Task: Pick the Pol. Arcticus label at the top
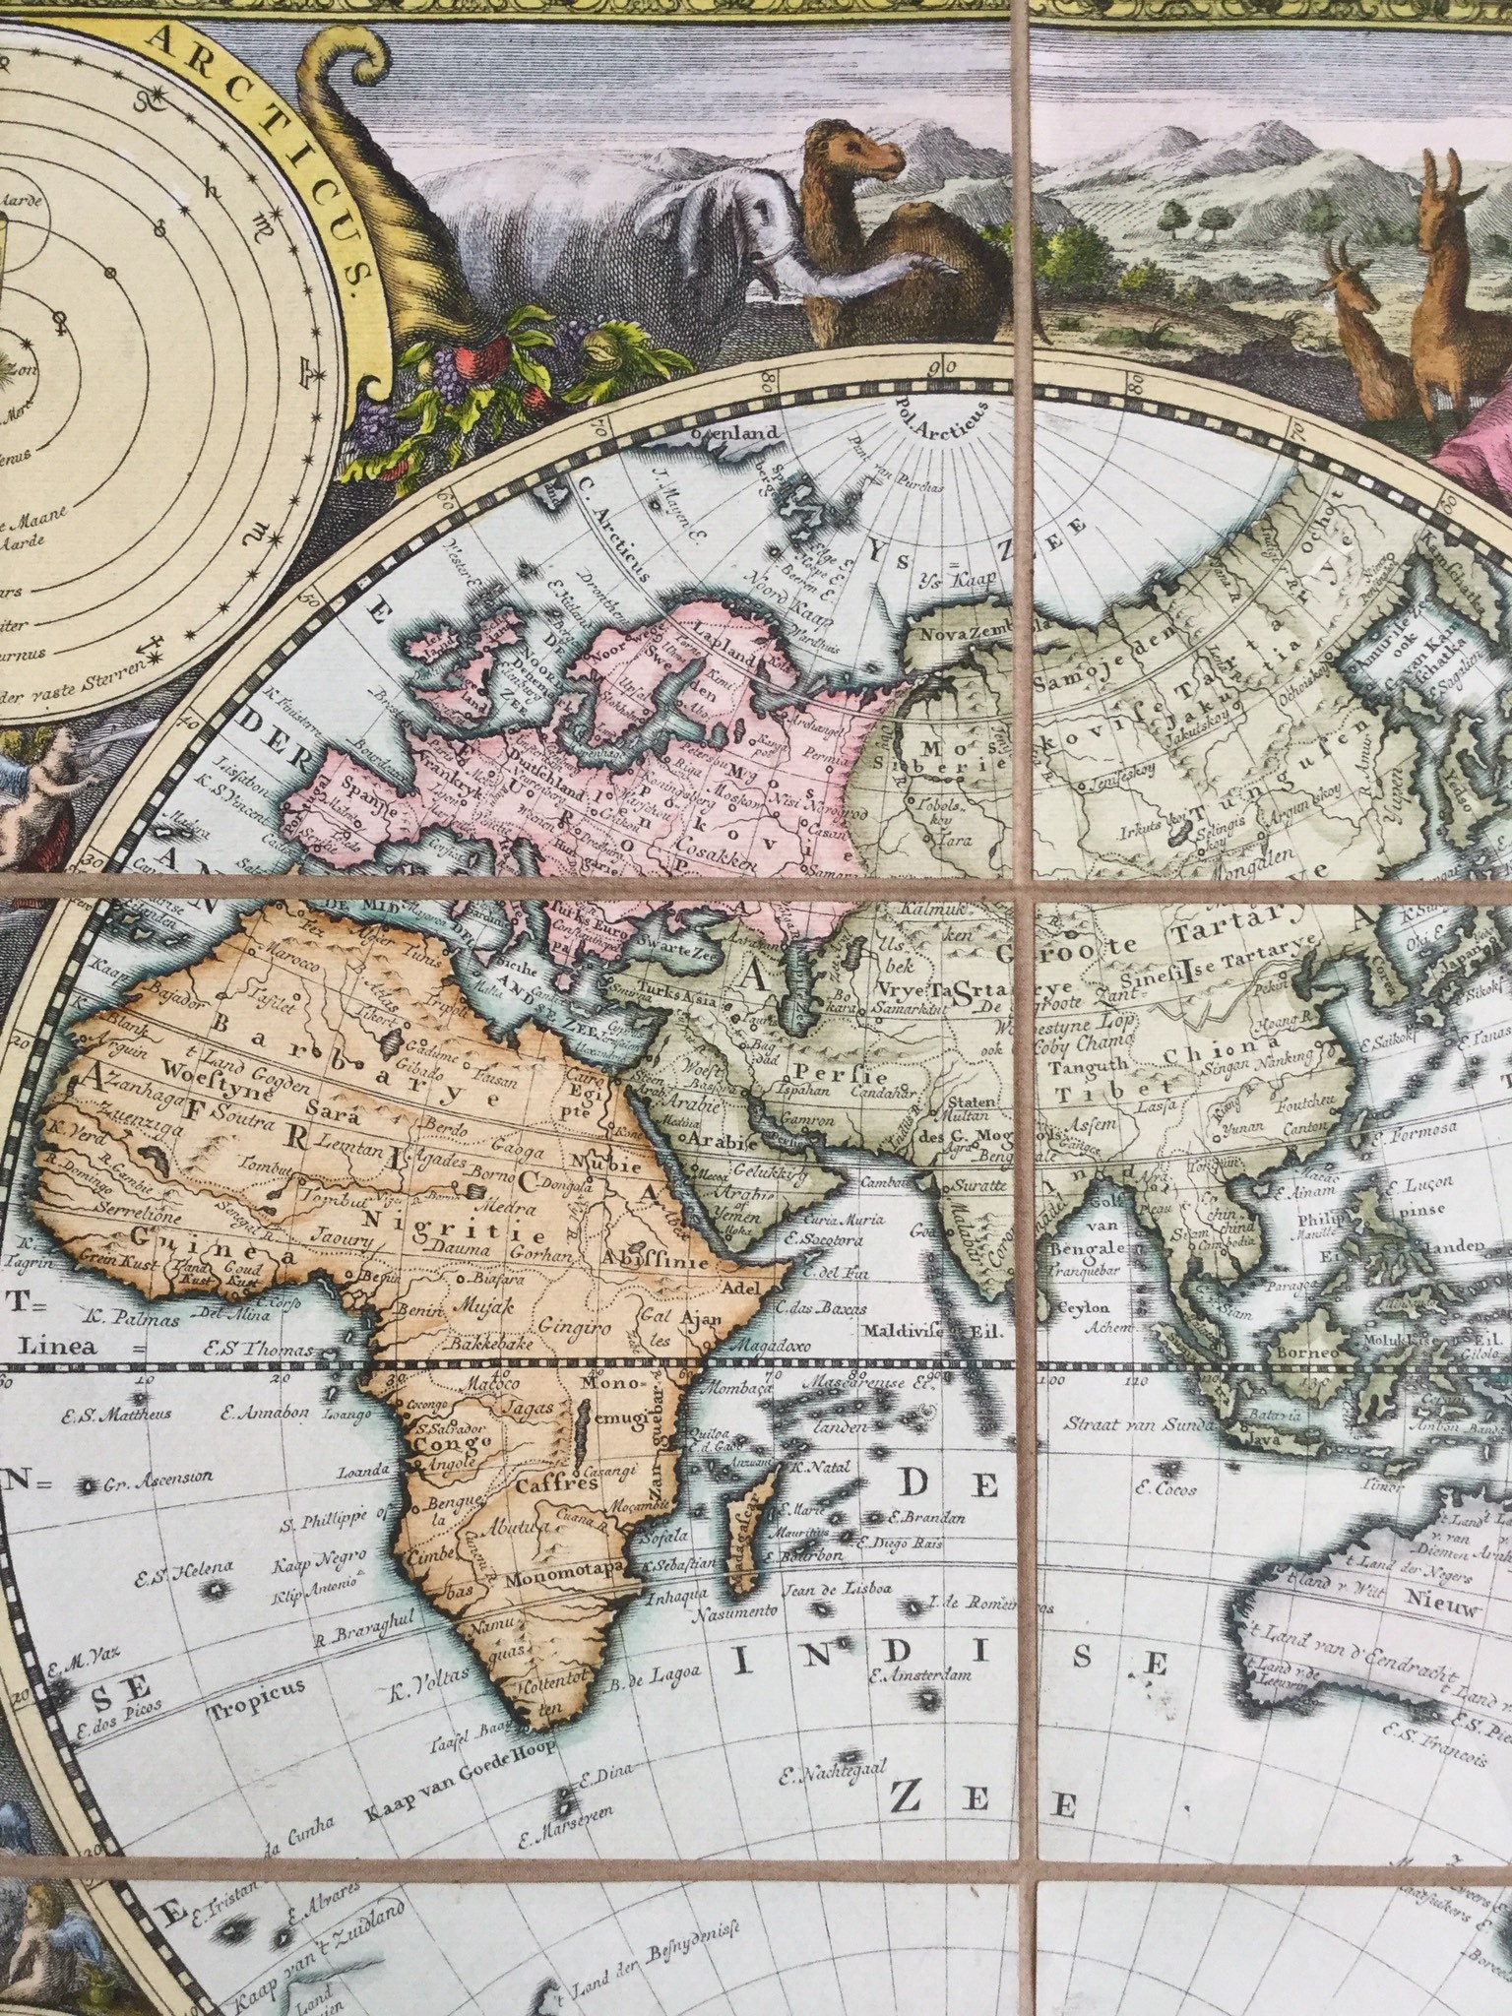coord(940,423)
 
